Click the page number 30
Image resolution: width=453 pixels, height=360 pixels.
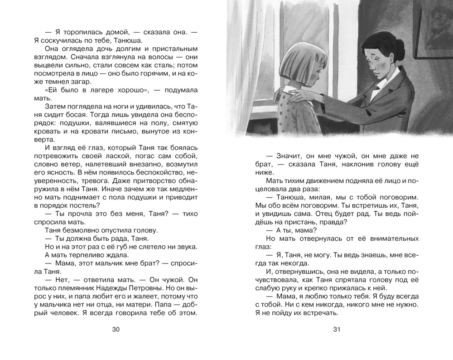115,330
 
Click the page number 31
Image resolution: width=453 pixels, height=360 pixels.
336,330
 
